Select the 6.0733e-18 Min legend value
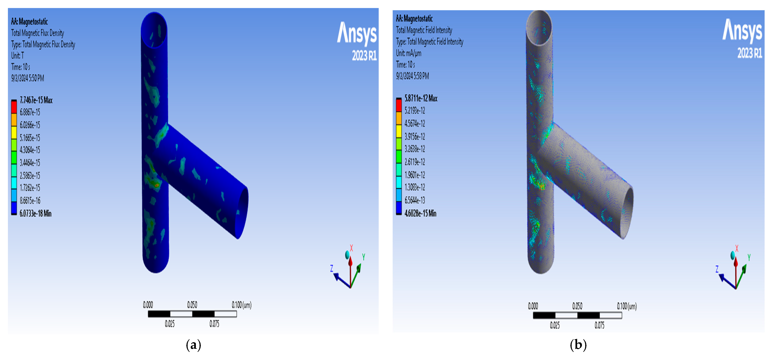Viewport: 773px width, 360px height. [35, 213]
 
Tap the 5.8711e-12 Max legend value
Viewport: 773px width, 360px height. [421, 98]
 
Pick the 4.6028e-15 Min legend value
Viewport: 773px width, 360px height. [420, 213]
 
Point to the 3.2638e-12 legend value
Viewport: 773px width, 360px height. [415, 149]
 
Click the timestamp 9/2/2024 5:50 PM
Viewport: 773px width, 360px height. [28, 78]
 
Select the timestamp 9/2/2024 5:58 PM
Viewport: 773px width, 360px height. [412, 76]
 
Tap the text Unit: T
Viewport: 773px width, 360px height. [17, 55]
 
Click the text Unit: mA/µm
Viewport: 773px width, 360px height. [408, 53]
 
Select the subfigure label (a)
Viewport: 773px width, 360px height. [193, 345]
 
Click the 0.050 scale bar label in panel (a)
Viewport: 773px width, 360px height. [192, 305]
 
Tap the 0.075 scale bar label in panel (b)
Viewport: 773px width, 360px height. [599, 325]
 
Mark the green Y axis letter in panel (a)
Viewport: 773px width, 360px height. [363, 257]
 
